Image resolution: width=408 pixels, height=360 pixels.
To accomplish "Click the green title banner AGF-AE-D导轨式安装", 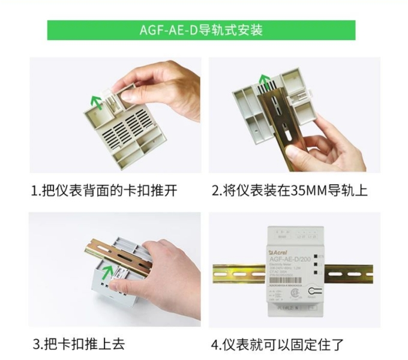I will click(x=201, y=30).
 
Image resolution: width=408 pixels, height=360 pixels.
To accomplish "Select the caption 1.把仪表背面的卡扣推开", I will click(x=104, y=191).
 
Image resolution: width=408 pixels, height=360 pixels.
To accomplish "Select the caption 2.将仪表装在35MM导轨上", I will click(x=290, y=191).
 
